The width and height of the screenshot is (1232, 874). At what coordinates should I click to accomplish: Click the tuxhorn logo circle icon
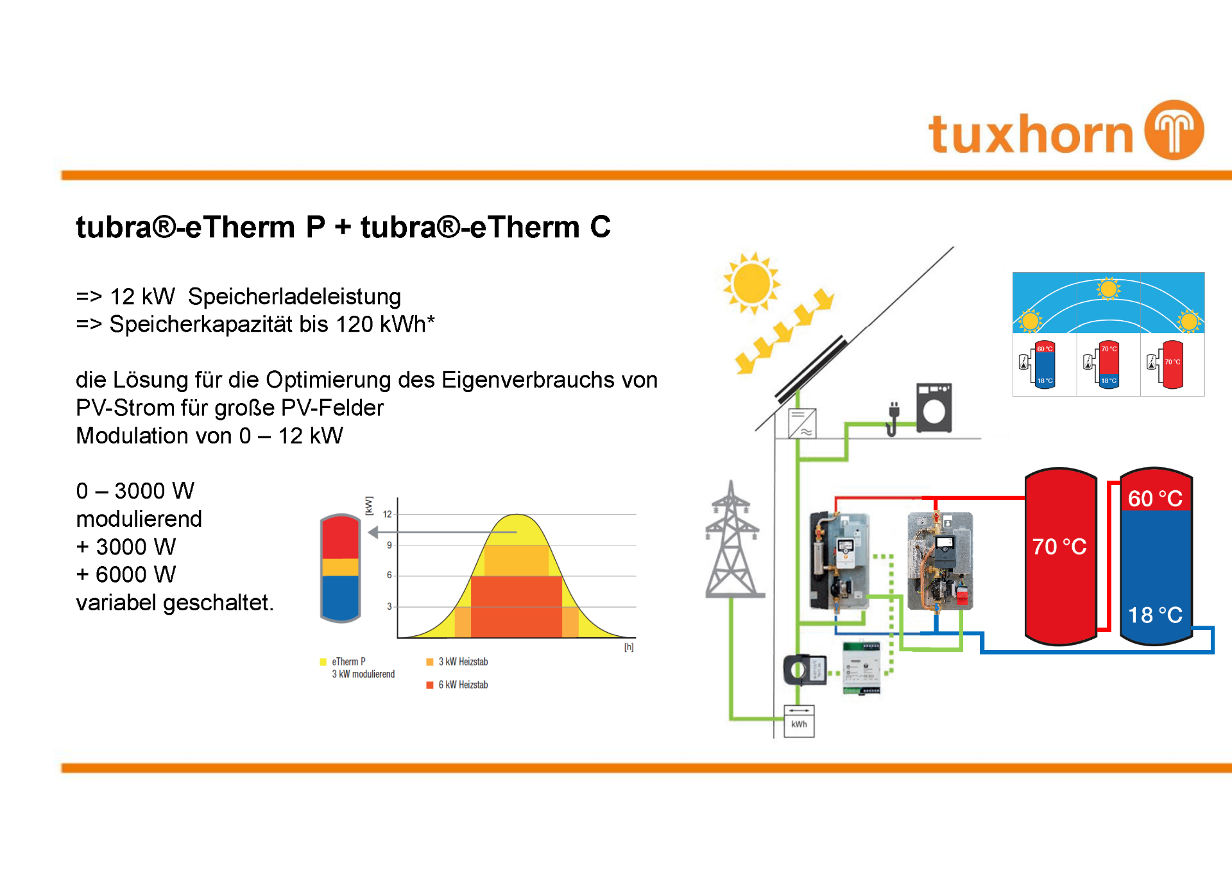coord(1174,130)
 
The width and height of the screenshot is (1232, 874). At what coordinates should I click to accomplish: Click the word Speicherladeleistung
coord(294,296)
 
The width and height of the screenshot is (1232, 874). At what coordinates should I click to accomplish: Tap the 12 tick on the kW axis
coord(387,514)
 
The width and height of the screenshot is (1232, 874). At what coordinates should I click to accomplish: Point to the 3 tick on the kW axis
coord(389,606)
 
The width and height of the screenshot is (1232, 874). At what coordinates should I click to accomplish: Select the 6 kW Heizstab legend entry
coord(457,685)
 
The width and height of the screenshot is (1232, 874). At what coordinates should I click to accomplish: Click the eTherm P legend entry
coord(348,662)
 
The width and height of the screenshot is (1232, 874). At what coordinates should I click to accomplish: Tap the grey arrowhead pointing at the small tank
coord(373,532)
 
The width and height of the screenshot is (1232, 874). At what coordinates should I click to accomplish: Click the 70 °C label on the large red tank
coord(1059,547)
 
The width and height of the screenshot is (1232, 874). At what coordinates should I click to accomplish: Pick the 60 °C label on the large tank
coord(1155,499)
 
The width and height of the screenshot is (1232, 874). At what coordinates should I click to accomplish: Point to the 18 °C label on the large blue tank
coord(1155,615)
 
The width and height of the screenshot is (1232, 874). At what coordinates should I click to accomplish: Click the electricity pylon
coord(732,542)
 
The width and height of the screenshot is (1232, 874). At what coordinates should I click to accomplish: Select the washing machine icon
coord(934,408)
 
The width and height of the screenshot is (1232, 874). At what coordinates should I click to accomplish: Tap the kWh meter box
coord(799,721)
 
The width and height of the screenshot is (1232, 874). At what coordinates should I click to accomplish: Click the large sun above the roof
coord(751,283)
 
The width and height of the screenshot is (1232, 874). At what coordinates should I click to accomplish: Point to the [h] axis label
coord(629,647)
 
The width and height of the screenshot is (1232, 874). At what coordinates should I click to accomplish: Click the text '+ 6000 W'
coord(126,574)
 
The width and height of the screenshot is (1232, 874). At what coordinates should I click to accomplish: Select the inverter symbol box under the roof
coord(802,424)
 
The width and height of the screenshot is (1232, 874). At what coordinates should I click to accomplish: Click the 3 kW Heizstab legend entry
coord(457,662)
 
